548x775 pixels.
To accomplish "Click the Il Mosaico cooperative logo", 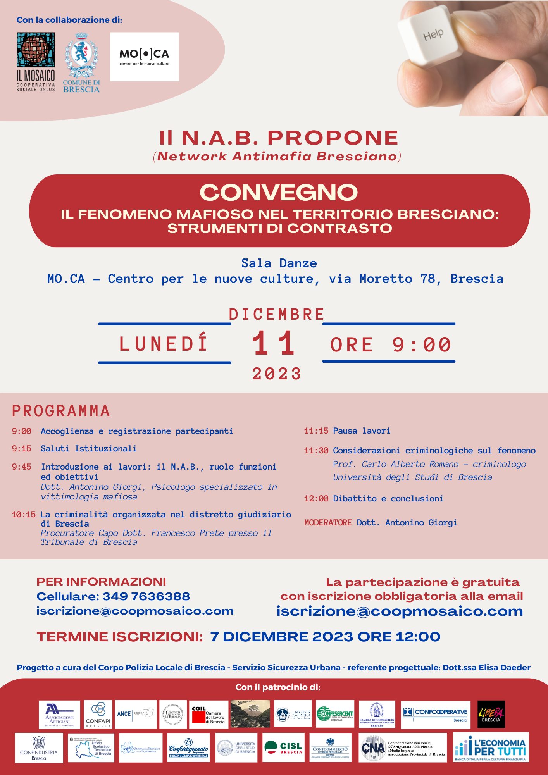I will click(36, 62).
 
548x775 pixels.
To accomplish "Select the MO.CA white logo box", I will click(145, 57).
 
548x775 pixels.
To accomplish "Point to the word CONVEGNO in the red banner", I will click(279, 193).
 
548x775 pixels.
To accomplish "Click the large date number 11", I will click(274, 343).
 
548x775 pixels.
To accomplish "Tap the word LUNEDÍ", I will click(164, 344).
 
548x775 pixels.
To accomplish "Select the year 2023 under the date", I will click(276, 374).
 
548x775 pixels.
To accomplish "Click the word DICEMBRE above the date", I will click(276, 314).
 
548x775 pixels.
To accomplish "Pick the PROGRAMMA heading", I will click(61, 411).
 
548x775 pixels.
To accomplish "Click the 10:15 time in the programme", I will click(24, 515).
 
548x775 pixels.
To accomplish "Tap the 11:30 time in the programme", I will click(316, 451).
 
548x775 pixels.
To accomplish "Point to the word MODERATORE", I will click(328, 523).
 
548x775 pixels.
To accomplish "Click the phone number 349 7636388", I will click(146, 596).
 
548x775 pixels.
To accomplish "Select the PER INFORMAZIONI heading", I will click(101, 582).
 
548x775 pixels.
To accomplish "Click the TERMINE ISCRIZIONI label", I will click(120, 637).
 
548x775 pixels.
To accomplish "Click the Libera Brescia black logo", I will click(491, 714).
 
